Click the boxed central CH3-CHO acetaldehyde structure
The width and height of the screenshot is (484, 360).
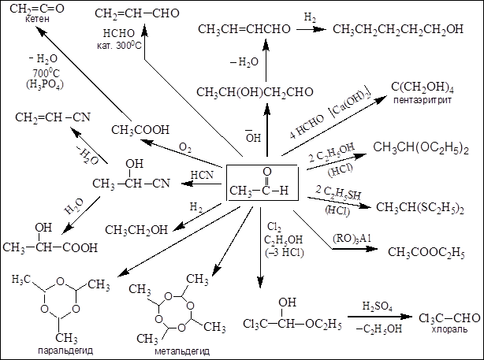click(262, 184)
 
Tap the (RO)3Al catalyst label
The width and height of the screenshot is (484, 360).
click(345, 238)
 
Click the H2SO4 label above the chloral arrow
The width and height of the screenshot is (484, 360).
click(378, 305)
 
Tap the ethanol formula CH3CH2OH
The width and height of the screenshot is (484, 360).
click(139, 230)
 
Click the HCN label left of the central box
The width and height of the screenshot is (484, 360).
click(203, 174)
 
